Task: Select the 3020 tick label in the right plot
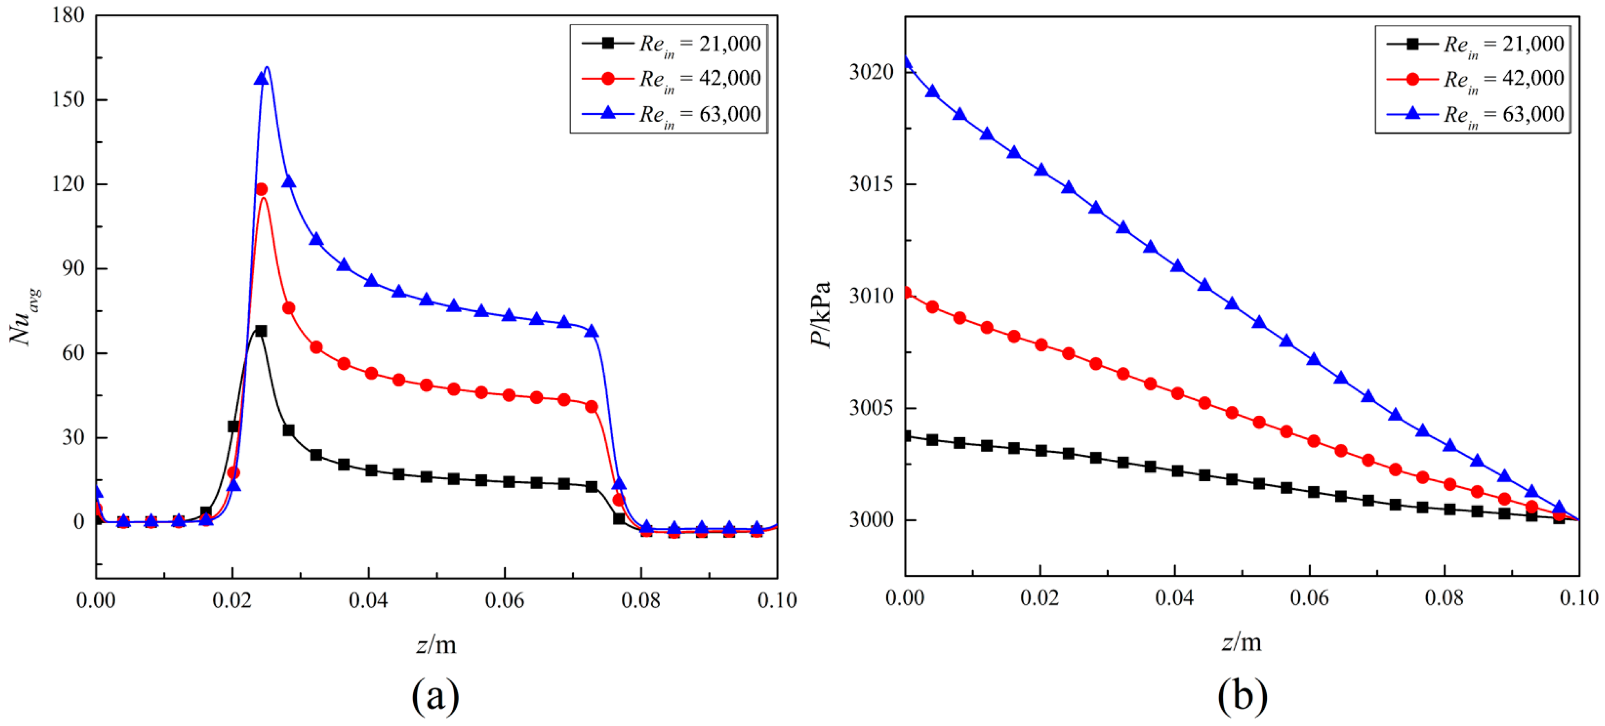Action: (871, 72)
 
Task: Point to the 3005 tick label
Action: (871, 408)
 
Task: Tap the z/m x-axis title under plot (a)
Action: (436, 645)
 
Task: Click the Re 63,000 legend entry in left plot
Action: (671, 114)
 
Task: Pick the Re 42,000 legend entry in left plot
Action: (671, 79)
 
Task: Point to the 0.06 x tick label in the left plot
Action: (505, 600)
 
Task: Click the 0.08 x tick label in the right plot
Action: (1444, 598)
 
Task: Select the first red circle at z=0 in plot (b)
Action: (906, 293)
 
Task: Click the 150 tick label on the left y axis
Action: (68, 100)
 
